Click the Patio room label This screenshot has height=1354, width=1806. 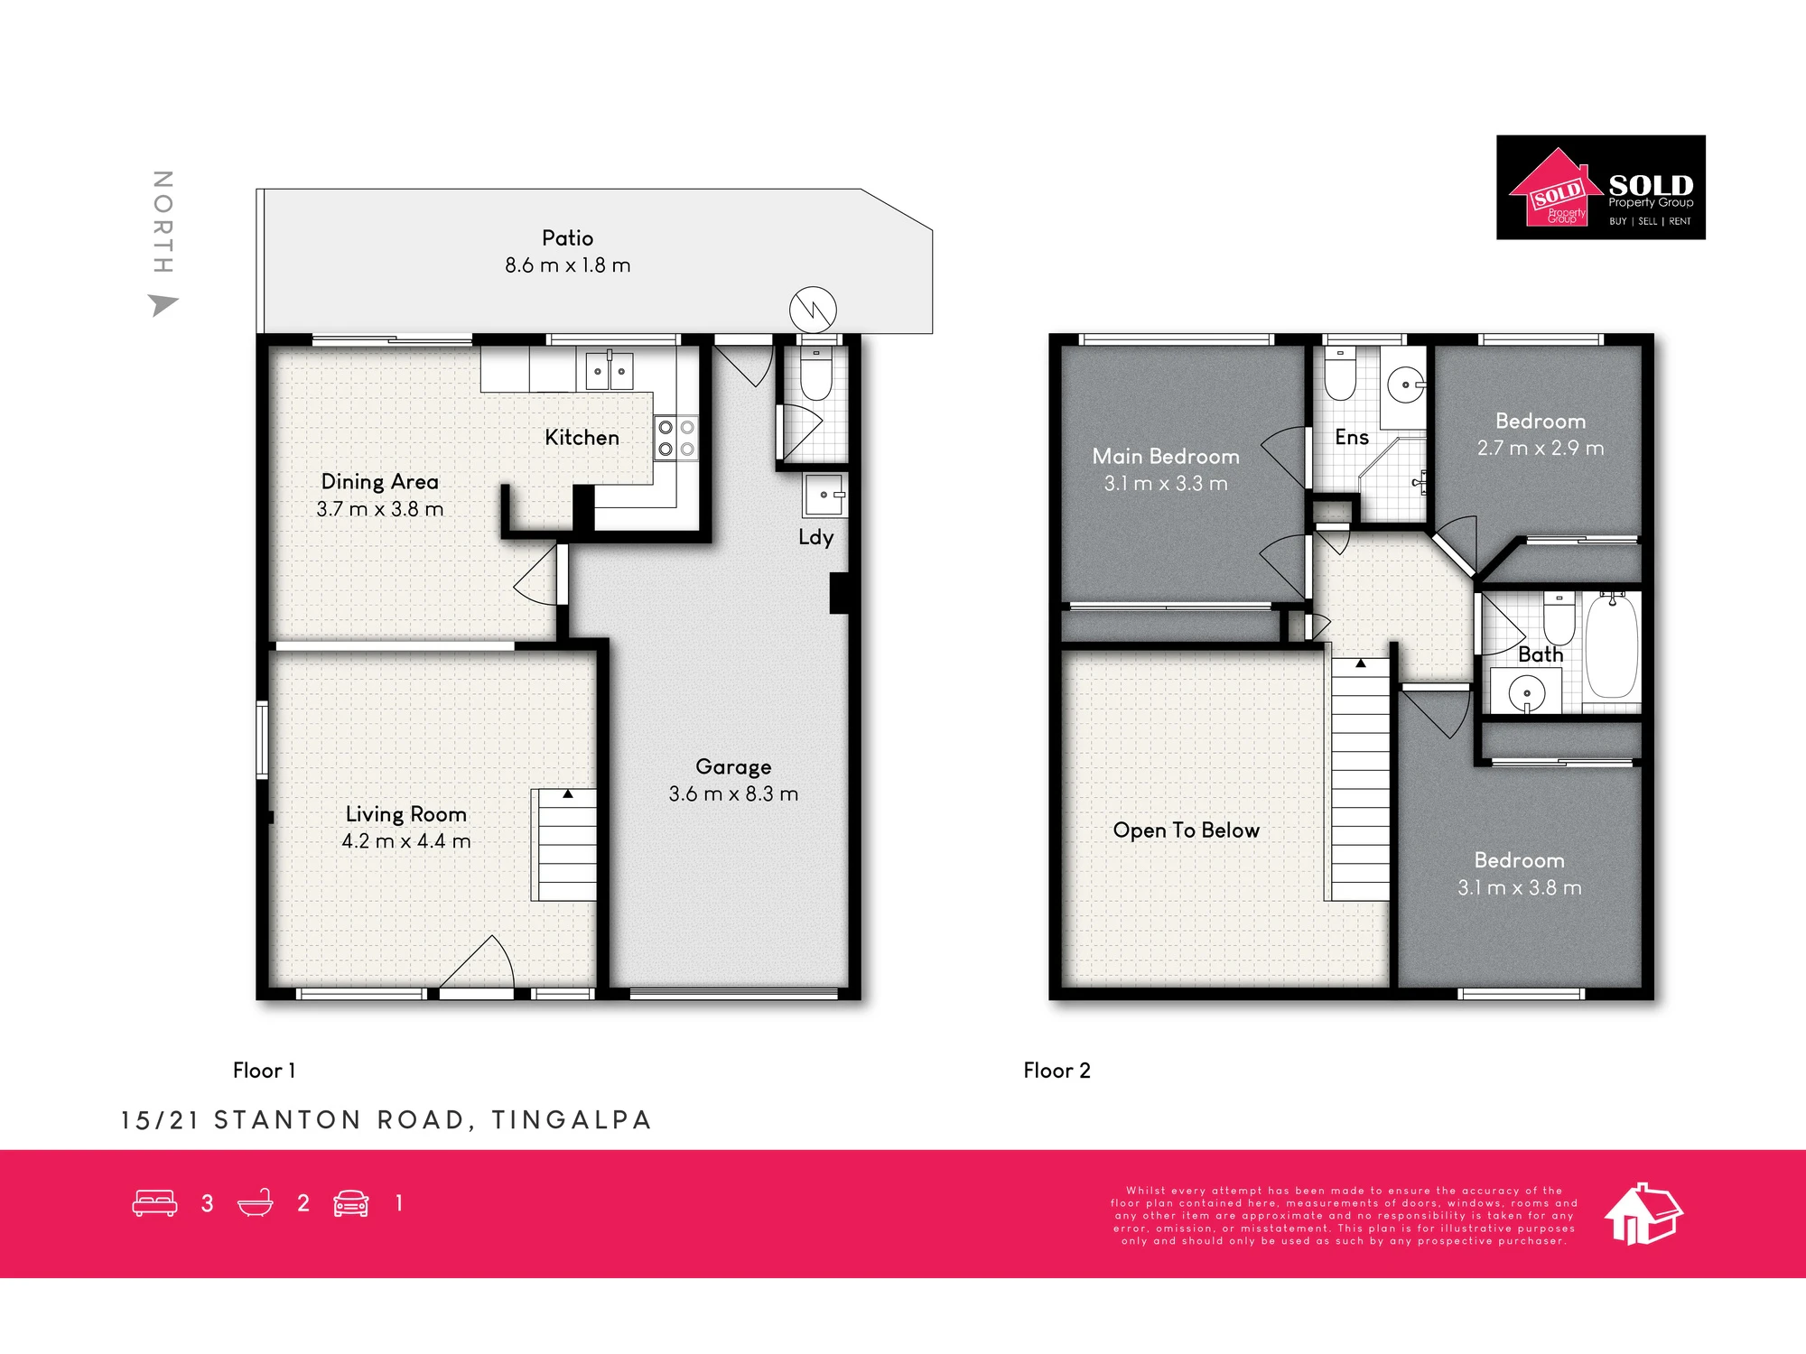click(x=567, y=238)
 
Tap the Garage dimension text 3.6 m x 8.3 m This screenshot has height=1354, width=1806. click(x=733, y=794)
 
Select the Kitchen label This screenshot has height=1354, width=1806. click(x=582, y=438)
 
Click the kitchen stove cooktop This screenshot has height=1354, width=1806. click(x=676, y=438)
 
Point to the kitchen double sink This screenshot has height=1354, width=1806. click(x=610, y=370)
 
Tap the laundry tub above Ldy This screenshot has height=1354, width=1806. click(x=824, y=495)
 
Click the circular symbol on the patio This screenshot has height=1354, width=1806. click(x=813, y=310)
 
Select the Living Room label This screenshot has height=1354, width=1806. click(x=406, y=814)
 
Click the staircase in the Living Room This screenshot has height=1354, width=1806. click(x=565, y=845)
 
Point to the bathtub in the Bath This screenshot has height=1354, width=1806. click(x=1612, y=645)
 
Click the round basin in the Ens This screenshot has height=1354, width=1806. click(x=1405, y=385)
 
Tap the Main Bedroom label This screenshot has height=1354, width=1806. click(x=1166, y=457)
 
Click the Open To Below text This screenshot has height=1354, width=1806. click(x=1186, y=830)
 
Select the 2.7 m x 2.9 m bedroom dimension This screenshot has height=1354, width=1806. click(x=1541, y=449)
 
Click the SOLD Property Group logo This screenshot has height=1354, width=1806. click(x=1601, y=188)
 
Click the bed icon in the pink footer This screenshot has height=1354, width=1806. click(x=154, y=1203)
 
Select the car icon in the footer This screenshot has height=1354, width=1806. click(x=351, y=1203)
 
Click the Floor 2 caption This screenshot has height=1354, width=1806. click(x=1057, y=1071)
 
